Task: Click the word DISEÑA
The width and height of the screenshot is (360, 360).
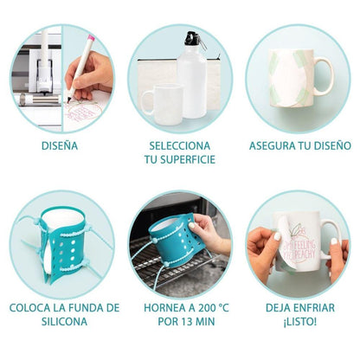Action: [x=59, y=145]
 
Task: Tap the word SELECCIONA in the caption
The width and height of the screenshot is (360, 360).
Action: [x=180, y=145]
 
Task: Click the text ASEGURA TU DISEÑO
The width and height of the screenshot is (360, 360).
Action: [x=300, y=145]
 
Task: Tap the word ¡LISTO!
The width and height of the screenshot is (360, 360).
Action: [x=300, y=321]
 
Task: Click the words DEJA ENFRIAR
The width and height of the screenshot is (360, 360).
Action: [x=300, y=307]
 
